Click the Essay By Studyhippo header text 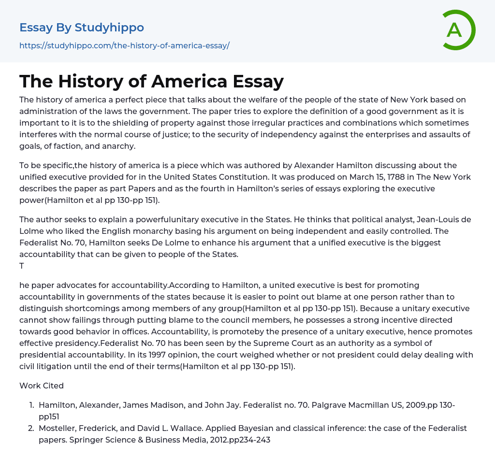pyautogui.click(x=82, y=28)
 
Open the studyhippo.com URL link pyautogui.click(x=124, y=45)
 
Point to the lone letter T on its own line pyautogui.click(x=22, y=266)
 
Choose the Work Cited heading pyautogui.click(x=42, y=386)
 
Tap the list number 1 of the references pyautogui.click(x=31, y=405)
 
